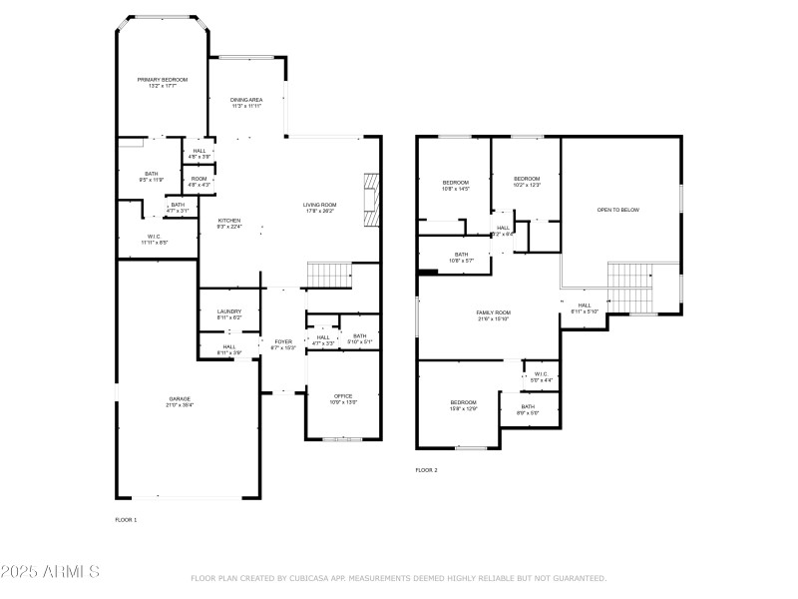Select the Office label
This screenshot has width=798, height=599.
(x=342, y=399)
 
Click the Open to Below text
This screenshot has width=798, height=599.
(x=617, y=210)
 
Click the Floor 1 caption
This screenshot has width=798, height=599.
(x=127, y=519)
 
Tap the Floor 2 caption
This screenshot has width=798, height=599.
(x=426, y=469)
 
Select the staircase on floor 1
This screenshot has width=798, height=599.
(x=329, y=272)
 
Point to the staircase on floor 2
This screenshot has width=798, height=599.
(x=628, y=287)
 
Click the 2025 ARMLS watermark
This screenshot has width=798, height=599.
(x=50, y=572)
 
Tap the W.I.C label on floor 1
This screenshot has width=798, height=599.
(x=155, y=240)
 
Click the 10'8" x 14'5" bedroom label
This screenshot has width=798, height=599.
(x=456, y=186)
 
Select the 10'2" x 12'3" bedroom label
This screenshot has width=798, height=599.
(x=526, y=182)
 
